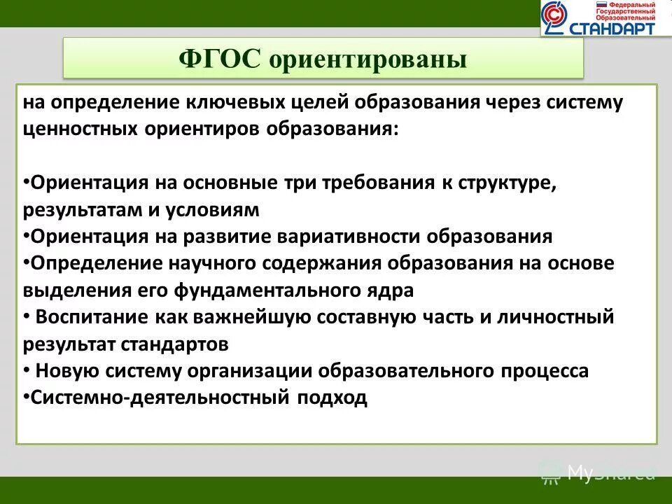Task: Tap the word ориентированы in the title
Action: pyautogui.click(x=368, y=59)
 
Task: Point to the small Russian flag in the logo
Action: pyautogui.click(x=601, y=5)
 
